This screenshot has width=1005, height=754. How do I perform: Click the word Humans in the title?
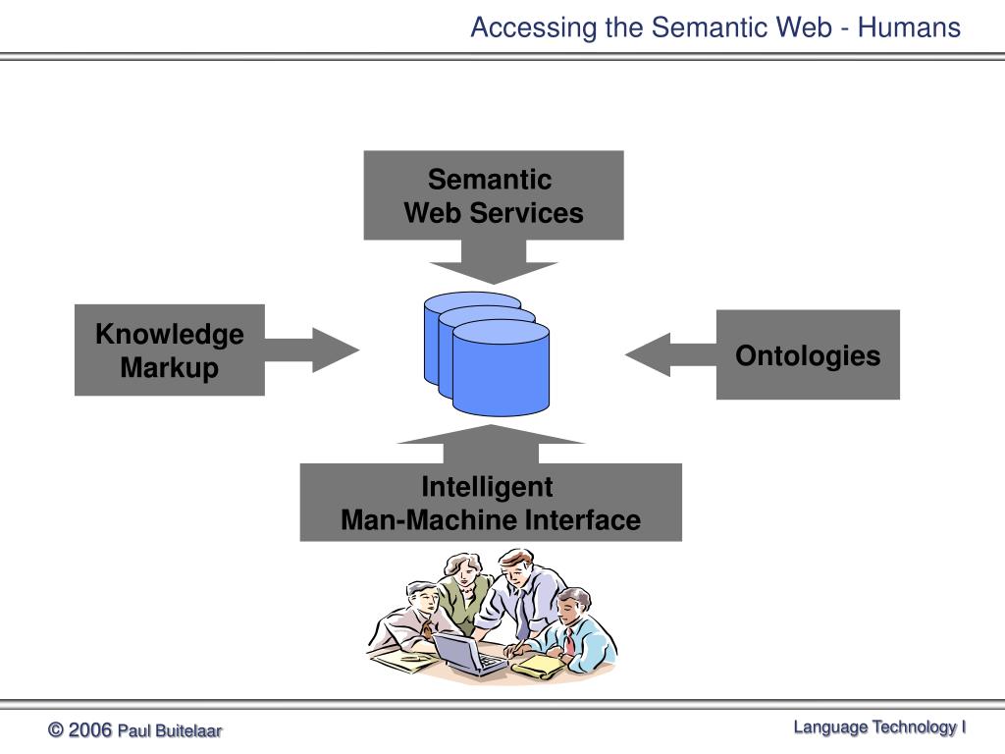909,27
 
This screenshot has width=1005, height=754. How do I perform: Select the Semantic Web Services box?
494,195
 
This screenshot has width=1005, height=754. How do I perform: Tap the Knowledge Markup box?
169,350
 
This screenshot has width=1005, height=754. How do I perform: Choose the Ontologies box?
808,354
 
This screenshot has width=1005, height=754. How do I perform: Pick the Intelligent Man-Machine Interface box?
491,502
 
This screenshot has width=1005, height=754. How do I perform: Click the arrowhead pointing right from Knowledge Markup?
336,350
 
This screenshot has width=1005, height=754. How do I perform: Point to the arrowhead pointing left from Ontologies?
648,354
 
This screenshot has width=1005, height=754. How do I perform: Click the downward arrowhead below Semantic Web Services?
494,272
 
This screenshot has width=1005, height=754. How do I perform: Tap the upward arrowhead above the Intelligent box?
491,434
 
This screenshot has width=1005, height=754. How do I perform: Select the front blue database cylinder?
501,368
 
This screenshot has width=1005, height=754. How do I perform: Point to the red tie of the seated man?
568,641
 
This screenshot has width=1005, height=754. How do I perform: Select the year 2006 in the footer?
89,729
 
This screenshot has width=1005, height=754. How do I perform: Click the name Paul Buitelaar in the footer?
170,730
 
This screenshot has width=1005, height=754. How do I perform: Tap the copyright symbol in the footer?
56,729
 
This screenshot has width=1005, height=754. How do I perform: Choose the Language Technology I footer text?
879,727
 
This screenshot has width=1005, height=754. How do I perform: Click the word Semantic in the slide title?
709,27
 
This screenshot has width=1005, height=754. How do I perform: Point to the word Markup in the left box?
169,368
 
